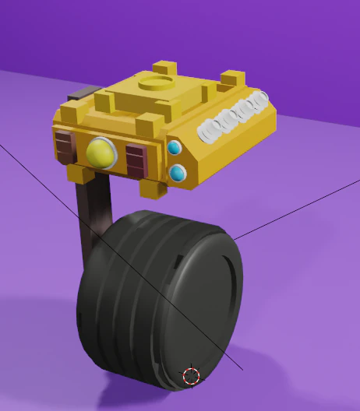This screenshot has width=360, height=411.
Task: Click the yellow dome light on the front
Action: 101,153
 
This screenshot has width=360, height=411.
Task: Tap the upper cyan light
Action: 175,147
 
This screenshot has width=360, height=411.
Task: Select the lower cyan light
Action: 178,173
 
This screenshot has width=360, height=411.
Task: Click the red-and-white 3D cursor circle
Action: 191,377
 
